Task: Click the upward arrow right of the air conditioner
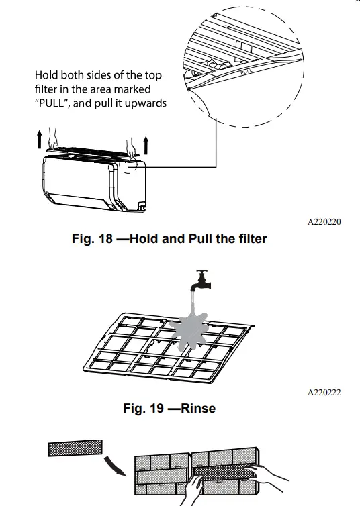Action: coord(145,144)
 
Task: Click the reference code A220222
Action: coord(324,393)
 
